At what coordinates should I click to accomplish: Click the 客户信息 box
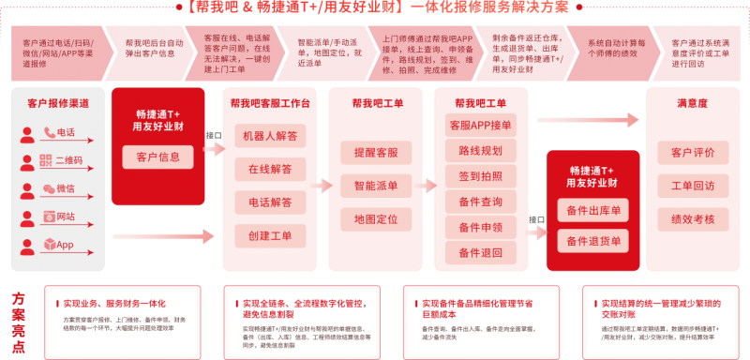pyautogui.click(x=157, y=157)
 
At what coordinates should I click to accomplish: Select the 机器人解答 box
pyautogui.click(x=269, y=136)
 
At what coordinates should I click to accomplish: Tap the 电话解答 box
pyautogui.click(x=269, y=202)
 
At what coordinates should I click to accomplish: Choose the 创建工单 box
pyautogui.click(x=269, y=234)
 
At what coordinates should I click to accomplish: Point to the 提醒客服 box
pyautogui.click(x=375, y=152)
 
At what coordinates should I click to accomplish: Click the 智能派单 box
pyautogui.click(x=375, y=186)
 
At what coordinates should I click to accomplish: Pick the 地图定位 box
pyautogui.click(x=375, y=219)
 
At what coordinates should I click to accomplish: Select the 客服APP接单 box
pyautogui.click(x=480, y=125)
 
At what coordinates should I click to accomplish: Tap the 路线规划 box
pyautogui.click(x=480, y=150)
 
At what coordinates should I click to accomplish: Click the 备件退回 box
pyautogui.click(x=480, y=252)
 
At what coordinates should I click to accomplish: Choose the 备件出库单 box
pyautogui.click(x=592, y=211)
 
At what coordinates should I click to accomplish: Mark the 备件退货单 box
pyautogui.click(x=592, y=242)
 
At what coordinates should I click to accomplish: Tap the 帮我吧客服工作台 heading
pyautogui.click(x=269, y=103)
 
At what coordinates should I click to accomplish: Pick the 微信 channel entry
pyautogui.click(x=55, y=188)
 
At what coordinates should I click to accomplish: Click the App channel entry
pyautogui.click(x=55, y=245)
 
